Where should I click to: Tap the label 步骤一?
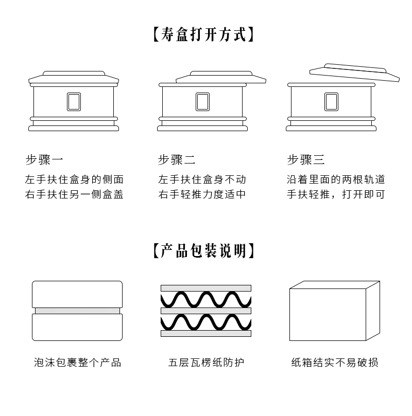44,160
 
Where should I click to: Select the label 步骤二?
177,160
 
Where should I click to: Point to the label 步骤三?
306,160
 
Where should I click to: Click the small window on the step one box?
74,102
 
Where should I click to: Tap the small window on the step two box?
202,102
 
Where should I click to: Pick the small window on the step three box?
331,102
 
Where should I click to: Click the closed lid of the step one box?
74,78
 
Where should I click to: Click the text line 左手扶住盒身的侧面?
75,180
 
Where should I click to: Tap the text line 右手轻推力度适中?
202,195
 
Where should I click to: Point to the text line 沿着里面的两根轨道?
336,180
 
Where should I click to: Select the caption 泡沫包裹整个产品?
77,363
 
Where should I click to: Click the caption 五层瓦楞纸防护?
206,363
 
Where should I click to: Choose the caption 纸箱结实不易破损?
335,363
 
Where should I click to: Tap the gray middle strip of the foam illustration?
77,311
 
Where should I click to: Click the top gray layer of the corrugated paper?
206,288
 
